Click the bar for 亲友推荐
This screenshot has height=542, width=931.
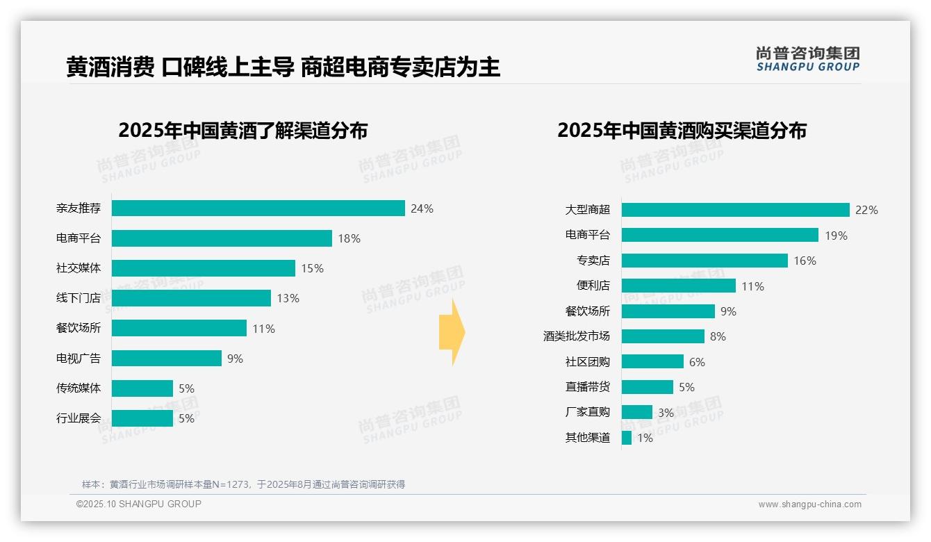(258, 208)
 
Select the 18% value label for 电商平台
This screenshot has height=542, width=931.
(349, 238)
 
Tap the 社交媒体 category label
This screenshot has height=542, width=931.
(79, 268)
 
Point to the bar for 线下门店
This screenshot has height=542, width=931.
(191, 298)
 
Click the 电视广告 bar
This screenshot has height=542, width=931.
(167, 359)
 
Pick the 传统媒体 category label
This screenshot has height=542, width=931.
(79, 388)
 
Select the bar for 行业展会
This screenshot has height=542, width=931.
(142, 418)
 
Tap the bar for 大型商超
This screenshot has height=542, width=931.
(735, 210)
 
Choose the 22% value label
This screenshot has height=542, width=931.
(866, 210)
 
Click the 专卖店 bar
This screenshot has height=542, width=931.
(705, 261)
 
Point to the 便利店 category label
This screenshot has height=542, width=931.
(593, 286)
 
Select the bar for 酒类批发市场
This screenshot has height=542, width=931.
(663, 336)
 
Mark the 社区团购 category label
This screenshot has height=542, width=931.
(587, 362)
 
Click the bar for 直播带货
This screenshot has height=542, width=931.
(648, 387)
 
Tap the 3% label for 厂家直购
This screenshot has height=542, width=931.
(666, 413)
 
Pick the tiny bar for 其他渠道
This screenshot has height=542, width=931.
(627, 438)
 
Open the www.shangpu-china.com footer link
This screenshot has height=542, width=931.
(809, 504)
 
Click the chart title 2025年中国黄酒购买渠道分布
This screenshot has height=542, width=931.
(682, 131)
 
